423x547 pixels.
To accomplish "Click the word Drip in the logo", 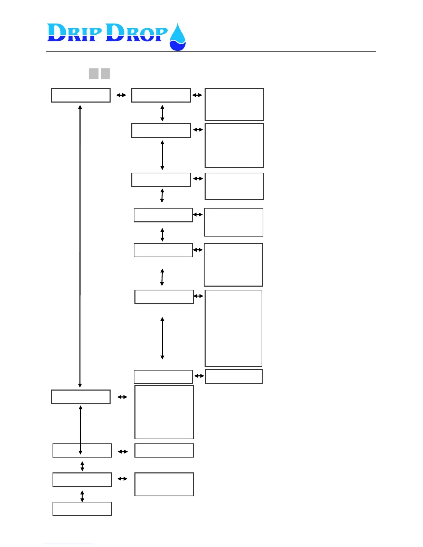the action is [x=75, y=33].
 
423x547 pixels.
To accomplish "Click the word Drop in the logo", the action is [x=137, y=33].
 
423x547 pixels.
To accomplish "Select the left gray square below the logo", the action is [x=94, y=74].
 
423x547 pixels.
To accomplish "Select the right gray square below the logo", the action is [x=105, y=74].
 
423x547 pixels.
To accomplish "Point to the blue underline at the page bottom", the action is [x=68, y=544].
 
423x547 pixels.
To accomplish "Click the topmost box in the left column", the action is [x=81, y=95].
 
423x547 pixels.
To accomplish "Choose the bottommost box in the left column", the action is [x=82, y=509].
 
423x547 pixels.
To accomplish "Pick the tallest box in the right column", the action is [x=234, y=328].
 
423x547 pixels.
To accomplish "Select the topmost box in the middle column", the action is [x=161, y=95].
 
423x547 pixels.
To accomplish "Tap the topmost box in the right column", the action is [x=234, y=104].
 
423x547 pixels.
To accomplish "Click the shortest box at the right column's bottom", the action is [x=234, y=376].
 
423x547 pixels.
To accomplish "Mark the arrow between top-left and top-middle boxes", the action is [x=121, y=95].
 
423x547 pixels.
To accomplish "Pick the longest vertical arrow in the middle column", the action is [x=162, y=338].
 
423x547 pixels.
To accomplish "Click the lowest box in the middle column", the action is [x=164, y=484].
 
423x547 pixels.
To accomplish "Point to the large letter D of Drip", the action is [x=57, y=33].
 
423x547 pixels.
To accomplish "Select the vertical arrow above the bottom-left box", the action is [x=82, y=496].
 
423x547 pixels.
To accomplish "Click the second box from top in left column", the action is [x=81, y=397].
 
